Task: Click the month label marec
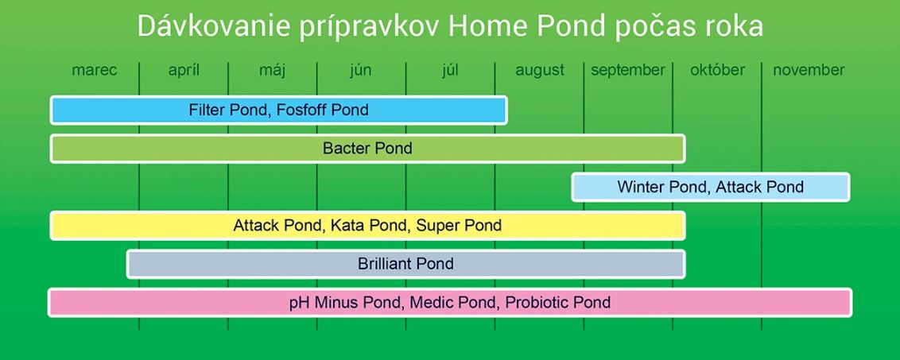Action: (x=94, y=70)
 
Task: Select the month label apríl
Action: (x=184, y=70)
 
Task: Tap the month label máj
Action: (x=272, y=70)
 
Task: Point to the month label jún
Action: (x=360, y=70)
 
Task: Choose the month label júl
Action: (x=450, y=70)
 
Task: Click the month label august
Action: (x=540, y=70)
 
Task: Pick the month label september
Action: (x=628, y=70)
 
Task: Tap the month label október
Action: (x=717, y=70)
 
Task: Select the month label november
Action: (x=809, y=70)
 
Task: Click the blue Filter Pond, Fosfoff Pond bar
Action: (x=278, y=110)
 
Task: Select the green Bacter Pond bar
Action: (x=367, y=149)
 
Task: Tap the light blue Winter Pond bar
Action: (x=710, y=188)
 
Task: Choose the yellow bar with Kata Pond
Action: (x=367, y=226)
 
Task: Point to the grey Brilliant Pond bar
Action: (x=405, y=264)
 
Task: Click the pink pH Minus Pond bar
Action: (x=449, y=303)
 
